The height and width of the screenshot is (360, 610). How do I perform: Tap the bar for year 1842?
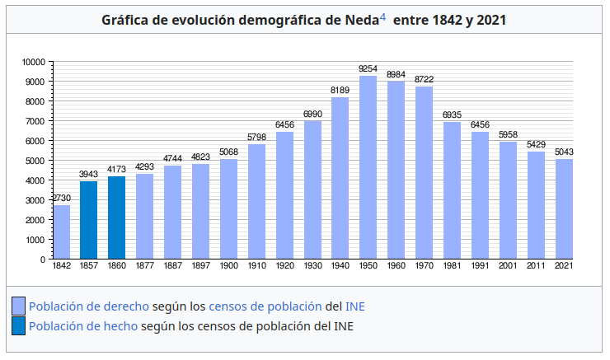(61, 231)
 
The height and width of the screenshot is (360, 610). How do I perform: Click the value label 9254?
(368, 69)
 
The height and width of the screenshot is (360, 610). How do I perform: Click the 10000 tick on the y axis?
(33, 62)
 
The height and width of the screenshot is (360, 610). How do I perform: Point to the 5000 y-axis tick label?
(35, 161)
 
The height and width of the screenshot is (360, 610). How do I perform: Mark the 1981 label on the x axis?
(452, 266)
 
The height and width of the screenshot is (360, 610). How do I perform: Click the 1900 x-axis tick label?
(228, 266)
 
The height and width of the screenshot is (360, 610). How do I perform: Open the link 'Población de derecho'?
(89, 306)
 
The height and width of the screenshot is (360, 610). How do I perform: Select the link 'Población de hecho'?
(83, 326)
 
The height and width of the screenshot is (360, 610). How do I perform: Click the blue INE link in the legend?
(354, 306)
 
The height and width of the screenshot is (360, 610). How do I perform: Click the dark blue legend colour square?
(18, 326)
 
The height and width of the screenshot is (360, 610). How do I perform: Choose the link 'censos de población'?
(265, 306)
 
